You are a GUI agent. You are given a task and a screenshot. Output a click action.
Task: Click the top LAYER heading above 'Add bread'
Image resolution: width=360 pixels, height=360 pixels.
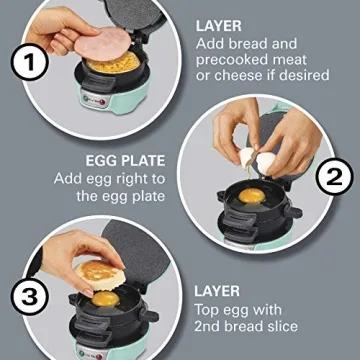218,23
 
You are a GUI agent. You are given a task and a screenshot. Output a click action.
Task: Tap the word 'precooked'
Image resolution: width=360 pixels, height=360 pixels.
231,65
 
